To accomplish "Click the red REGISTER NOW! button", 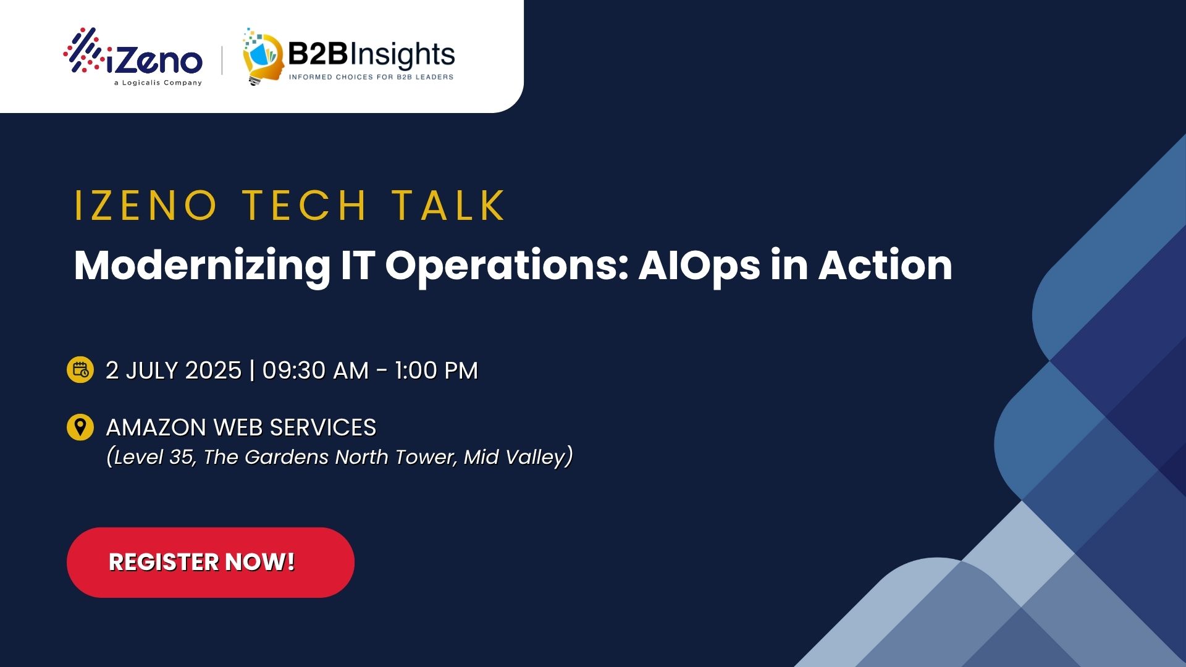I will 210,562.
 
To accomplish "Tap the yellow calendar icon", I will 80,370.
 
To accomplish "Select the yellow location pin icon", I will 80,427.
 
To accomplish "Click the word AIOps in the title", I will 699,266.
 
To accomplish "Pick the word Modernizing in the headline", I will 201,266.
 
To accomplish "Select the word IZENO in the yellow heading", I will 146,206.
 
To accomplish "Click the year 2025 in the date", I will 213,371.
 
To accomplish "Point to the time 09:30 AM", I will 315,371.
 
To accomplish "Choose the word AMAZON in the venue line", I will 156,427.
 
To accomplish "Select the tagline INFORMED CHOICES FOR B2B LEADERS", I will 371,77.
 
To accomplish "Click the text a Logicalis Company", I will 158,83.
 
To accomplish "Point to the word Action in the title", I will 885,266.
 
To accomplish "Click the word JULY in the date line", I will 152,371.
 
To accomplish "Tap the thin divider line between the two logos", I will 222,60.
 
